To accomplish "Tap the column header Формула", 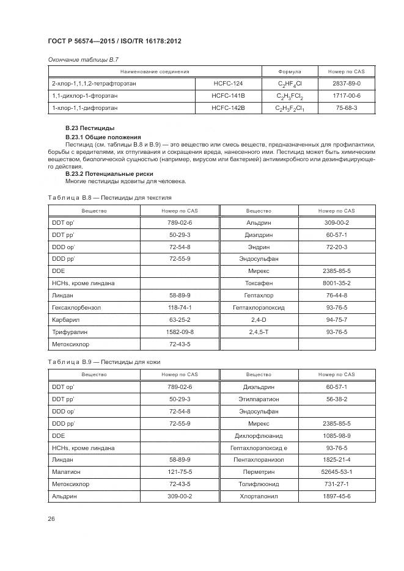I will point(289,71).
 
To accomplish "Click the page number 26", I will point(51,518).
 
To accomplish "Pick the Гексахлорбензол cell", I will point(75,307).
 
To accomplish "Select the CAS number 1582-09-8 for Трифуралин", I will point(180,332).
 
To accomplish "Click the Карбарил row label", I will point(65,319).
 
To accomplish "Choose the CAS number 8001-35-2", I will point(336,283).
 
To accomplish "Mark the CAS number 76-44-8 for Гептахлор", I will point(336,295).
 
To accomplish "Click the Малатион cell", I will point(67,471).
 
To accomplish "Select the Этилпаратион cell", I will point(259,399).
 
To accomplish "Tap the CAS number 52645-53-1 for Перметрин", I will point(336,471).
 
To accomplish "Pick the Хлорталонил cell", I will point(259,496).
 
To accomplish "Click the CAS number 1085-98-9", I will point(336,435).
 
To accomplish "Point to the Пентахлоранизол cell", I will point(259,459).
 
